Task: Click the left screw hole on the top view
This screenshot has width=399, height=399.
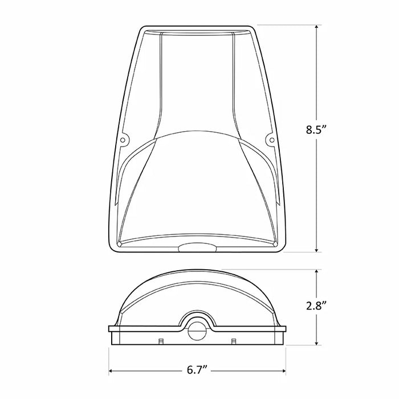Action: click(x=123, y=139)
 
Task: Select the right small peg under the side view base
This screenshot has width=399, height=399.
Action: click(x=233, y=341)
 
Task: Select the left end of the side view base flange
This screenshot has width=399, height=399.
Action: click(x=110, y=329)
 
